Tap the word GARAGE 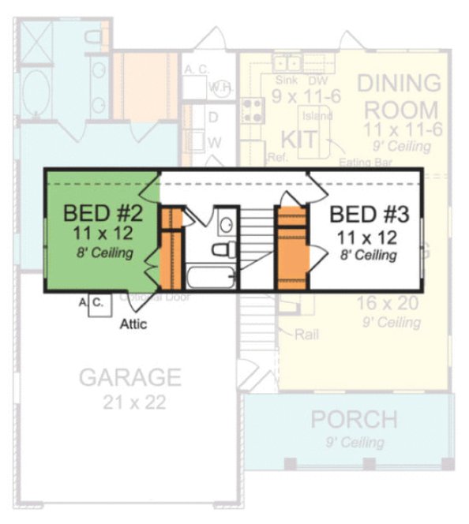click(x=129, y=377)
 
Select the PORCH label click(x=353, y=419)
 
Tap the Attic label click(x=133, y=323)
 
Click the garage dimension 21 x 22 click(x=133, y=402)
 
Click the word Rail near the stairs click(x=307, y=335)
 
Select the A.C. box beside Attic click(x=97, y=304)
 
